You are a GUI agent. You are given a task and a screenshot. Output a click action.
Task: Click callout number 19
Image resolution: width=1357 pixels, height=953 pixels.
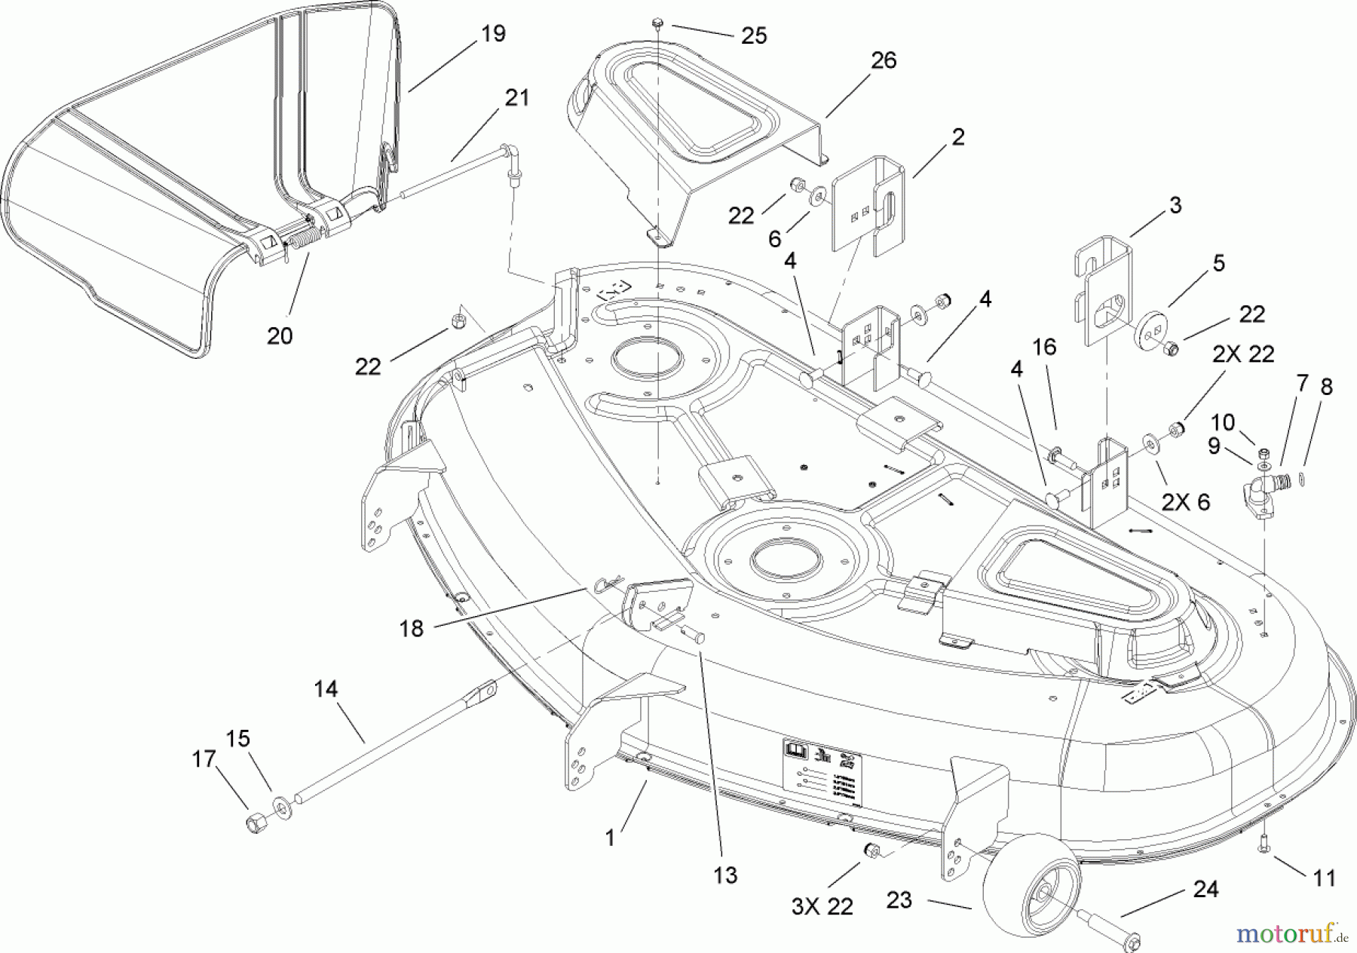(x=493, y=34)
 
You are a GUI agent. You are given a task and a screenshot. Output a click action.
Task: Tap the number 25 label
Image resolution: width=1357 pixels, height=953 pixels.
(x=753, y=35)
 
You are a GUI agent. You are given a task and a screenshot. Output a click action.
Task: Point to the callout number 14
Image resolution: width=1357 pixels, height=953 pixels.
(x=326, y=689)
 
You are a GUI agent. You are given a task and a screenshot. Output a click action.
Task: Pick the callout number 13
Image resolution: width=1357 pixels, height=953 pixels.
(x=725, y=875)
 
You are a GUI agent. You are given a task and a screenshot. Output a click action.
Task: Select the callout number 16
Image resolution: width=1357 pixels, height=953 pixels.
(x=1043, y=348)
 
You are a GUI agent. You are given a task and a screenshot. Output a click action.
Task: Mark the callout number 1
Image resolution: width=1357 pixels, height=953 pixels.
(x=610, y=837)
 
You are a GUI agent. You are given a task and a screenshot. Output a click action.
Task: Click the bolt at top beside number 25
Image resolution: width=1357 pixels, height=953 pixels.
(x=657, y=23)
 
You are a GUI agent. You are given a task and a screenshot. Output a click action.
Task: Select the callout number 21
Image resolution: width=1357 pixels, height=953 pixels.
(x=516, y=98)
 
